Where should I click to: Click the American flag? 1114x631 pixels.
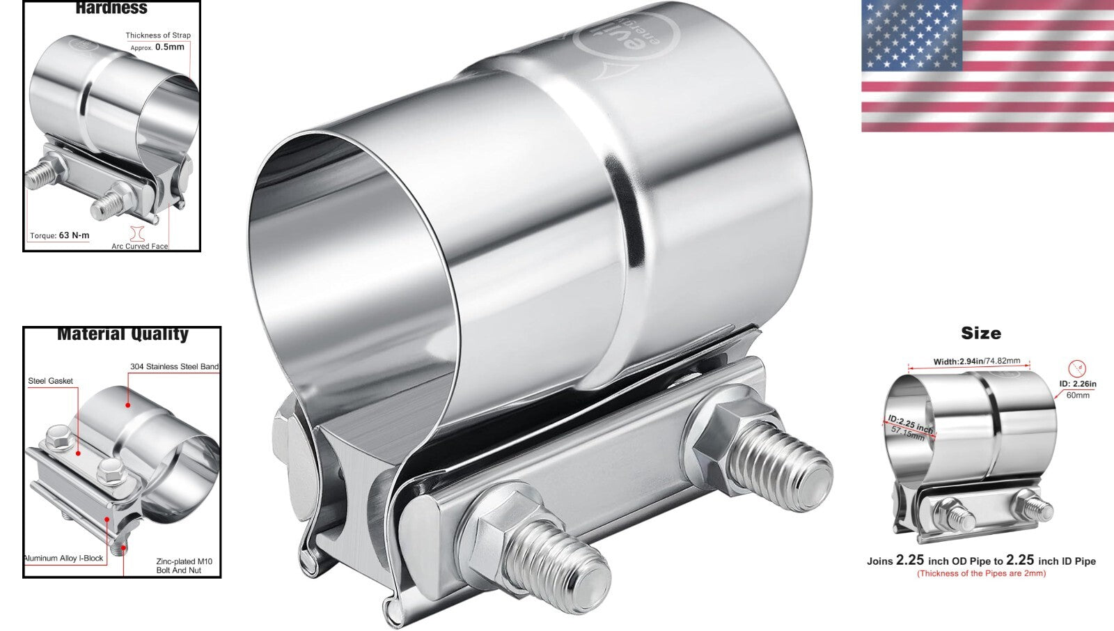[987, 66]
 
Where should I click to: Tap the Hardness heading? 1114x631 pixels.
[111, 8]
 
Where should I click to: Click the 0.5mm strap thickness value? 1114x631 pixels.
[169, 47]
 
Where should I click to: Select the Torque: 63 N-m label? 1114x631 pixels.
[60, 235]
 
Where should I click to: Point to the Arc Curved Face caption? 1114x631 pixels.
[140, 246]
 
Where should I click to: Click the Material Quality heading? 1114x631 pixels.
[123, 334]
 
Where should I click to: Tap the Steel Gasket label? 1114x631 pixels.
[50, 381]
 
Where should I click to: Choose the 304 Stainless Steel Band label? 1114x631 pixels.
[174, 366]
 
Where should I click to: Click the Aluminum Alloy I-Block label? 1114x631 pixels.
[63, 558]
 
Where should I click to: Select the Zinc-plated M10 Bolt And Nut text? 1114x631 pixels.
[185, 566]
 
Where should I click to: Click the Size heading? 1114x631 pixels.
[981, 333]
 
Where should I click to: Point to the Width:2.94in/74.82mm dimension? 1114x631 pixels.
[976, 361]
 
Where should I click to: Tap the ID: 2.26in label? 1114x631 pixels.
[1078, 384]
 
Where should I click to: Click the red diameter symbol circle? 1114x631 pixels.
[1077, 368]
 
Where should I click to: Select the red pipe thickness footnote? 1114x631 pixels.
[981, 573]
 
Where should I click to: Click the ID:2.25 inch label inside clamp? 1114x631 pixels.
[910, 423]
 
